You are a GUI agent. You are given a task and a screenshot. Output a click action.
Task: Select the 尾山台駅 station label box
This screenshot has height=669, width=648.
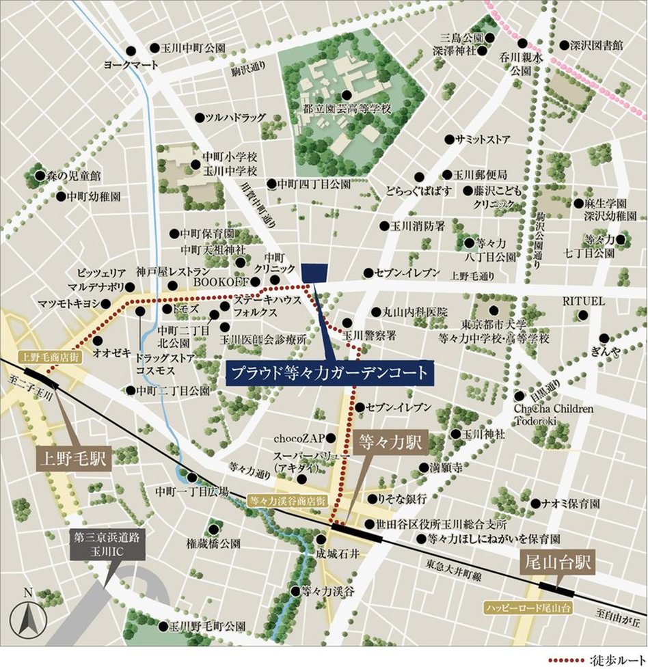[x=558, y=564]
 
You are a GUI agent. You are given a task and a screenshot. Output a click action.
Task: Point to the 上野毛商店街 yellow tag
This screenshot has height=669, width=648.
[x=51, y=356]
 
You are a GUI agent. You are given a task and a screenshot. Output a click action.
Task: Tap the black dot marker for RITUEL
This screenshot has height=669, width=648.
[x=583, y=315]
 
